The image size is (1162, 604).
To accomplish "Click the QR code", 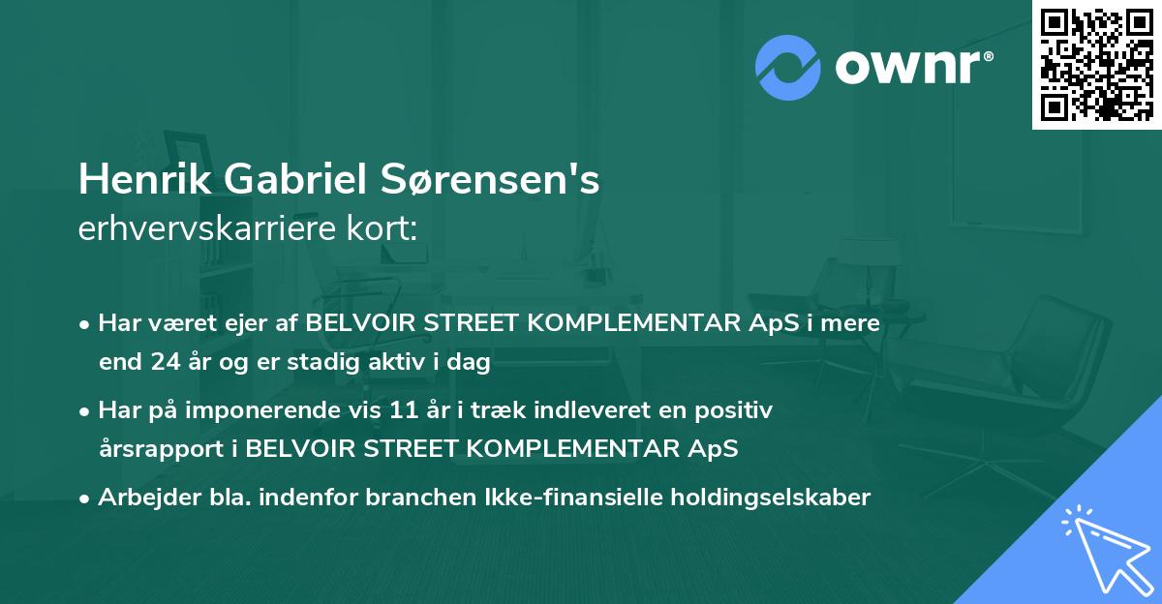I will (1096, 64).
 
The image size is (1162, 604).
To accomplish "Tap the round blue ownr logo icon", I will (787, 65).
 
